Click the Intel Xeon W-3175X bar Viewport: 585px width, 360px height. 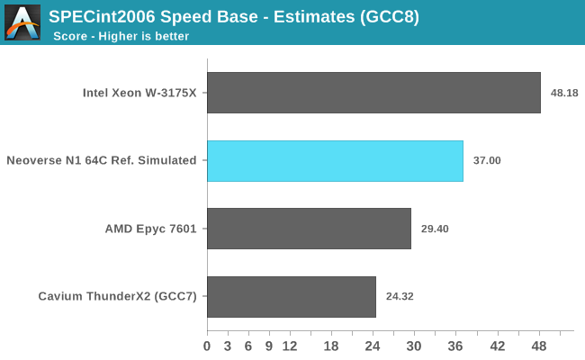pyautogui.click(x=373, y=93)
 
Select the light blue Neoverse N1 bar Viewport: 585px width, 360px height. pyautogui.click(x=335, y=161)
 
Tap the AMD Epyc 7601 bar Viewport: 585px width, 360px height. pyautogui.click(x=309, y=229)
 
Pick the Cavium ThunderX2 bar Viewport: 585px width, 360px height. pyautogui.click(x=291, y=296)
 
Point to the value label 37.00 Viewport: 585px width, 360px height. pyautogui.click(x=487, y=161)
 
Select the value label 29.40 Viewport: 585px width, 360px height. pyautogui.click(x=435, y=229)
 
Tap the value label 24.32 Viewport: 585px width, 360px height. pyautogui.click(x=400, y=296)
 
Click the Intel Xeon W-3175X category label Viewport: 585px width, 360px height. pyautogui.click(x=139, y=93)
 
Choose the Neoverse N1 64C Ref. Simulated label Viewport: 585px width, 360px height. pyautogui.click(x=102, y=161)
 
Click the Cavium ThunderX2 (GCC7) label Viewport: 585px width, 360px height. pyautogui.click(x=118, y=296)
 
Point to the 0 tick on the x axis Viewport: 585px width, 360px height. pyautogui.click(x=207, y=346)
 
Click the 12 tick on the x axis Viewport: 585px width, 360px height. pyautogui.click(x=290, y=346)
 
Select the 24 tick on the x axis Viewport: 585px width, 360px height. pyautogui.click(x=373, y=346)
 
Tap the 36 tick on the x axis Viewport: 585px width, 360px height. pyautogui.click(x=455, y=346)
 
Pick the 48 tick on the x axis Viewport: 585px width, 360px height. pyautogui.click(x=538, y=346)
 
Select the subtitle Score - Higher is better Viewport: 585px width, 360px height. pyautogui.click(x=121, y=36)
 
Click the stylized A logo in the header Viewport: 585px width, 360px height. pyautogui.click(x=22, y=22)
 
